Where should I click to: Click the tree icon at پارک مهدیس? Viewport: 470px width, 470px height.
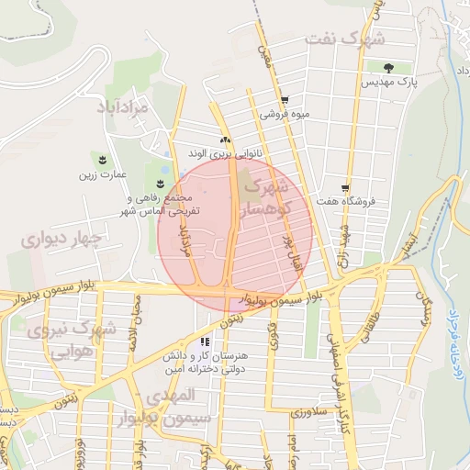tap(389, 67)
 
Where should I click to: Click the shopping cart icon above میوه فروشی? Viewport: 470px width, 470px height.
tap(285, 101)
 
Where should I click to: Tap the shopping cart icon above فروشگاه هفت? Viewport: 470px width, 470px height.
tap(345, 186)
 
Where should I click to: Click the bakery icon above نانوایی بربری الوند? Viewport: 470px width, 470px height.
tap(224, 140)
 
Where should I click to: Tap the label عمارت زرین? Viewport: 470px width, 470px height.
tap(100, 174)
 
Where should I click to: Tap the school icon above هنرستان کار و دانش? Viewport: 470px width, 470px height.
tap(204, 341)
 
